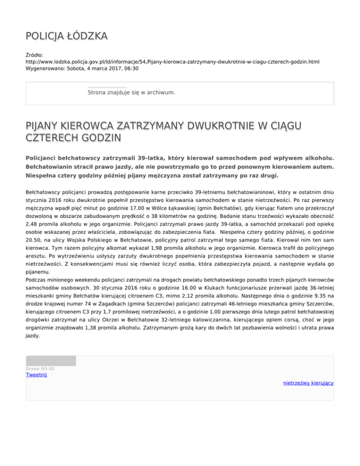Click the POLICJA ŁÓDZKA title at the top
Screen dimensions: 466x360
(x=66, y=36)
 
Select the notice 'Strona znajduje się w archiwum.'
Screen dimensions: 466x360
(x=131, y=92)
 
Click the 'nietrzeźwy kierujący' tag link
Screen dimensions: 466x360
(x=308, y=383)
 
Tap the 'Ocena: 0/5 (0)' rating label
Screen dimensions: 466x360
(x=40, y=368)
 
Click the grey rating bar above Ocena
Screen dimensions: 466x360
(x=51, y=361)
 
